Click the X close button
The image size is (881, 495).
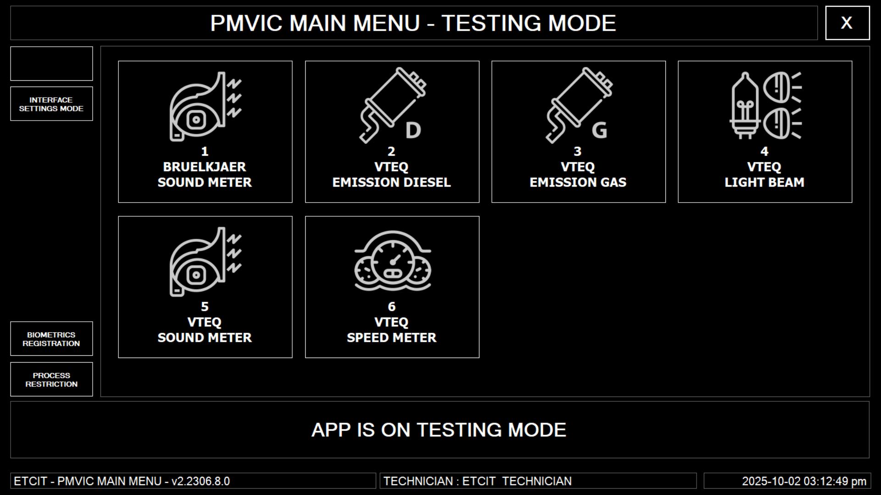(847, 23)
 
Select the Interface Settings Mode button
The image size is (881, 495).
(51, 104)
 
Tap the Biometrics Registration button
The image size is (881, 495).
(51, 339)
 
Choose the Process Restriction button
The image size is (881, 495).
(51, 379)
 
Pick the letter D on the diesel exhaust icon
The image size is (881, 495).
(413, 130)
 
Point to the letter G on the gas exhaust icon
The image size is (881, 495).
(599, 130)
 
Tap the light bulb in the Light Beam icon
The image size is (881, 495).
(745, 106)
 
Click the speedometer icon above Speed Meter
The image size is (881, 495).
(392, 261)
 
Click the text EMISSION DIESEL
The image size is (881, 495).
(391, 182)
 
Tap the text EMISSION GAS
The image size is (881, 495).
(578, 182)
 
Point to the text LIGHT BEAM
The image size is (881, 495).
(764, 182)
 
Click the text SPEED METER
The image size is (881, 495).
(391, 338)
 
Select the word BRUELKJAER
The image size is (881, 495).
(205, 167)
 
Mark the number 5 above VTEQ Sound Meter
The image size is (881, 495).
(205, 307)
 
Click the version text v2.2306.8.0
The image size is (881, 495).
(201, 481)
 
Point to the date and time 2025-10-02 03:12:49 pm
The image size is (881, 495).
(804, 481)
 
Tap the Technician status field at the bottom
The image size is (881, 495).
(538, 481)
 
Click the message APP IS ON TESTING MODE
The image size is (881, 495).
(439, 430)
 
